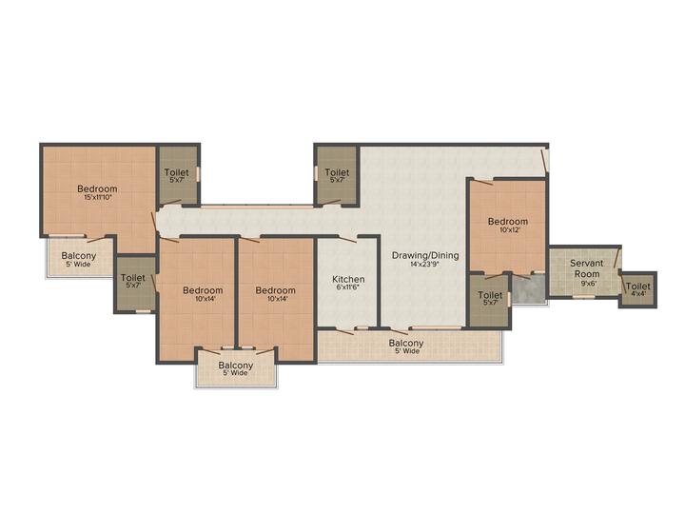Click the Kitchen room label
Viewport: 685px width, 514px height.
tap(348, 279)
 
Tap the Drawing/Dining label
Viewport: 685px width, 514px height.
tap(425, 255)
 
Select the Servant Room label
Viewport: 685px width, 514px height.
tap(586, 268)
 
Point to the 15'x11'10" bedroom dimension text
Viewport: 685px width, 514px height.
tap(97, 198)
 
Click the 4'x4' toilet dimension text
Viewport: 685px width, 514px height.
tap(637, 294)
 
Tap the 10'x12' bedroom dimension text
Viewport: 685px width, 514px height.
tap(508, 229)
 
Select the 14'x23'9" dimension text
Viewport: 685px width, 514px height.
tap(424, 264)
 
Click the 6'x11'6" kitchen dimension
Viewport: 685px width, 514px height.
tap(348, 287)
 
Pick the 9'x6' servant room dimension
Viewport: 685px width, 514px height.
tap(586, 283)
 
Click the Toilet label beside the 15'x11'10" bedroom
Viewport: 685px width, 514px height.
tap(177, 172)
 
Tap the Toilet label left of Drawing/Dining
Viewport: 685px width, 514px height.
tap(337, 172)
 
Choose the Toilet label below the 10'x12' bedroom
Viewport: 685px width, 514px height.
tap(490, 295)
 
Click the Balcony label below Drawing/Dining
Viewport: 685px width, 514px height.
tap(406, 343)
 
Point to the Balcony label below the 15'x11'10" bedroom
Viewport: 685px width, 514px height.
tap(79, 256)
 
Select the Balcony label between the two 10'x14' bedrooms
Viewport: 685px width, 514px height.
tap(236, 365)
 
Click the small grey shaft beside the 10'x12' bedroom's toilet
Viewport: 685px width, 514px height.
tap(528, 288)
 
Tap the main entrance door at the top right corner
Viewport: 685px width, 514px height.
tap(544, 161)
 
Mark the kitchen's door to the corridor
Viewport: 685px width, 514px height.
tap(347, 238)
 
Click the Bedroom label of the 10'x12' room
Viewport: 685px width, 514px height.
tap(508, 221)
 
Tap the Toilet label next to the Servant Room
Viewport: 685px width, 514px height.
tap(637, 287)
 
